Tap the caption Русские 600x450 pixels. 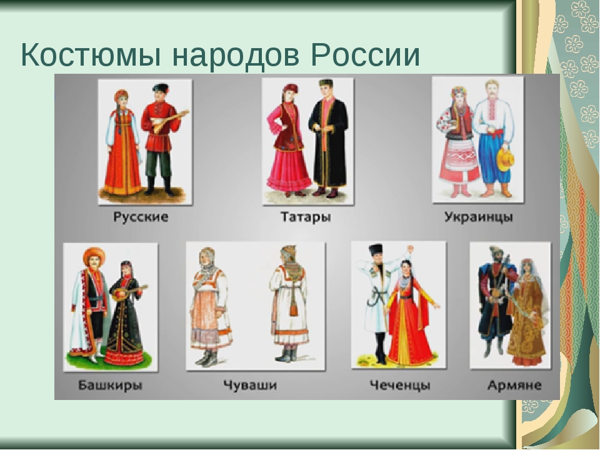tap(141, 217)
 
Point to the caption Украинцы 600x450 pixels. tap(478, 217)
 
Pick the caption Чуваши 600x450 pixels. tap(250, 385)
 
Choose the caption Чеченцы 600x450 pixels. tap(399, 385)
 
